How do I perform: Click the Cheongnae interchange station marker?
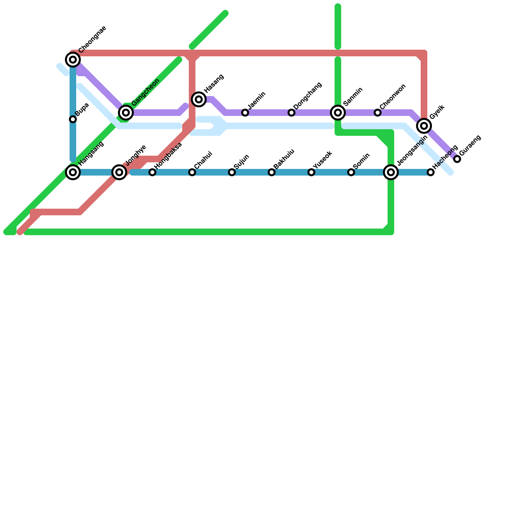[73, 60]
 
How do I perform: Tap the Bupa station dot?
[73, 119]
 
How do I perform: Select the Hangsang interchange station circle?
[73, 172]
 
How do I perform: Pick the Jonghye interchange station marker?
[119, 172]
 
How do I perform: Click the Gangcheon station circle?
[126, 113]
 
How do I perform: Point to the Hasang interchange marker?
[199, 99]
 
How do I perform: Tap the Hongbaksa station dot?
[152, 172]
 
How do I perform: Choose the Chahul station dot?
[192, 172]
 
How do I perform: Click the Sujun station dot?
[232, 172]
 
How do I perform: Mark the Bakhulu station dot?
[272, 172]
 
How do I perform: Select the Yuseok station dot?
[311, 172]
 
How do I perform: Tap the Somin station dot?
[351, 172]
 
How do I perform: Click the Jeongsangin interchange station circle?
[391, 172]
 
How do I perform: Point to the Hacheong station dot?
[431, 172]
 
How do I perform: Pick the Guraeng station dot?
[457, 159]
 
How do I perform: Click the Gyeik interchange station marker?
[424, 126]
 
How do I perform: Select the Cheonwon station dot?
[378, 113]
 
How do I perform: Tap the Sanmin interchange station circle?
[338, 113]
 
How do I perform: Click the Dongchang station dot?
[291, 113]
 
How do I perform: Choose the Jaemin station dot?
[245, 113]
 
